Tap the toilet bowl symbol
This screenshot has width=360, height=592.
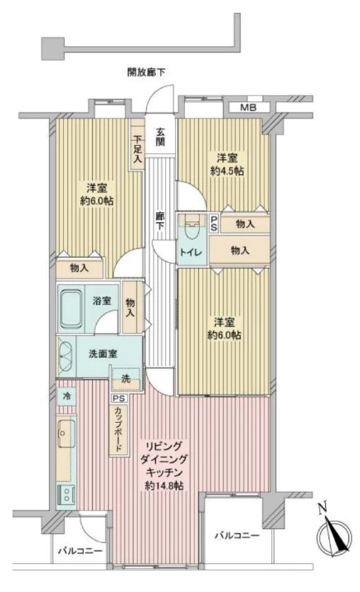tap(191, 222)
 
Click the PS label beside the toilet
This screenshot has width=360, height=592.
tap(213, 222)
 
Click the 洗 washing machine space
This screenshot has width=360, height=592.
tap(125, 378)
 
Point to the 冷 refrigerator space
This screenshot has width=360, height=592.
tap(66, 397)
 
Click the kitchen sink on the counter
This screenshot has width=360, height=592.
tap(66, 432)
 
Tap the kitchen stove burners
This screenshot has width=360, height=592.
tap(66, 493)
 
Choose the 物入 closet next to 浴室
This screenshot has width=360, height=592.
tap(131, 308)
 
